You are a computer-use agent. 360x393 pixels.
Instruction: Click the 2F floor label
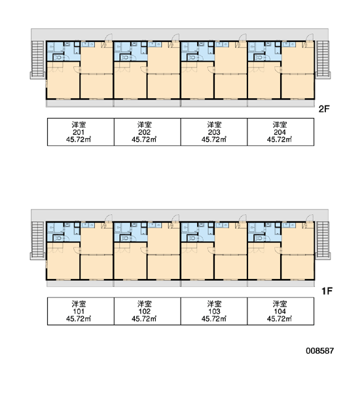(x=324, y=109)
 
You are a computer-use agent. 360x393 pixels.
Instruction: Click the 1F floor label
(x=327, y=291)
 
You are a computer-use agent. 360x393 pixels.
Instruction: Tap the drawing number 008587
(x=319, y=350)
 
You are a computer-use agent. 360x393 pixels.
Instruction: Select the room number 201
(x=79, y=132)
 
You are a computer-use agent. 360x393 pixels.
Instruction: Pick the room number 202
(x=145, y=132)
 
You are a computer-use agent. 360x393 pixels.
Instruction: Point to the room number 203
(x=214, y=132)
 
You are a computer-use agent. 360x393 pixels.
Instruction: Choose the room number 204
(x=279, y=132)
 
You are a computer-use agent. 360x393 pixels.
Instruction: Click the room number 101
(x=79, y=312)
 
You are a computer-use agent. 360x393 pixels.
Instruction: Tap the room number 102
(x=145, y=312)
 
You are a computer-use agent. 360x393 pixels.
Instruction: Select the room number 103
(x=214, y=312)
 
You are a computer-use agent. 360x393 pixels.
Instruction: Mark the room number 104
(x=279, y=312)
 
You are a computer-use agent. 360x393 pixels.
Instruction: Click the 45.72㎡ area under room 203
(x=214, y=140)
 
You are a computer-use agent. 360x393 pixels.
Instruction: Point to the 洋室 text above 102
(x=145, y=304)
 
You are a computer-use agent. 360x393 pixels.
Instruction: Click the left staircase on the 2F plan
(x=38, y=59)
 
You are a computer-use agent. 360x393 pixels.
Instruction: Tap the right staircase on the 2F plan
(x=323, y=59)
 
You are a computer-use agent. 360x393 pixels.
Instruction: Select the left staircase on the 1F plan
(x=38, y=240)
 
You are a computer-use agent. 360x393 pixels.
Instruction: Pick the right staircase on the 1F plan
(x=323, y=240)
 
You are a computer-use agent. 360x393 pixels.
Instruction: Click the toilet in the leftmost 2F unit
(x=58, y=58)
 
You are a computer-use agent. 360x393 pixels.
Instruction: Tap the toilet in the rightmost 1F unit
(x=260, y=238)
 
